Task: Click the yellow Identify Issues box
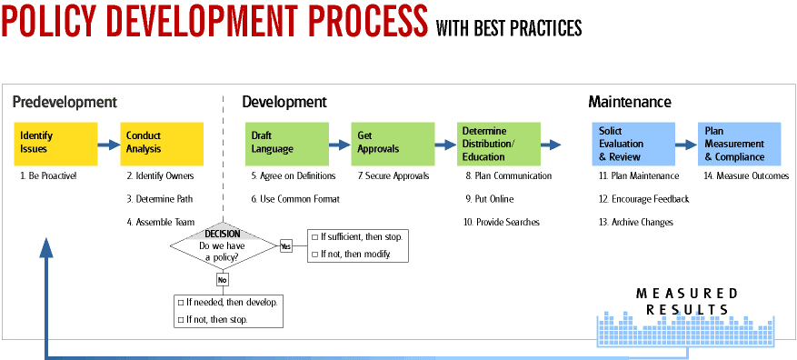pyautogui.click(x=55, y=143)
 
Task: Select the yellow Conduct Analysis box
pyautogui.click(x=161, y=143)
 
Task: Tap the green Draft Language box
pyautogui.click(x=284, y=143)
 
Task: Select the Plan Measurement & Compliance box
pyautogui.click(x=739, y=143)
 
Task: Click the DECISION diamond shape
pyautogui.click(x=222, y=245)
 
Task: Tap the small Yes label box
pyautogui.click(x=285, y=245)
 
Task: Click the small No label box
pyautogui.click(x=222, y=280)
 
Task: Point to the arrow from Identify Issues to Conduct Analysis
pyautogui.click(x=108, y=144)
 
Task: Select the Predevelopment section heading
pyautogui.click(x=65, y=102)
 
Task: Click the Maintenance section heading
pyautogui.click(x=629, y=102)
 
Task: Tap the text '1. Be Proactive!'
pyautogui.click(x=48, y=175)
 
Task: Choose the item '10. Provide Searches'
pyautogui.click(x=502, y=223)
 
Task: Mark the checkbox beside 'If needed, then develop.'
pyautogui.click(x=180, y=302)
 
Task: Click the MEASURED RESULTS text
pyautogui.click(x=686, y=302)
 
